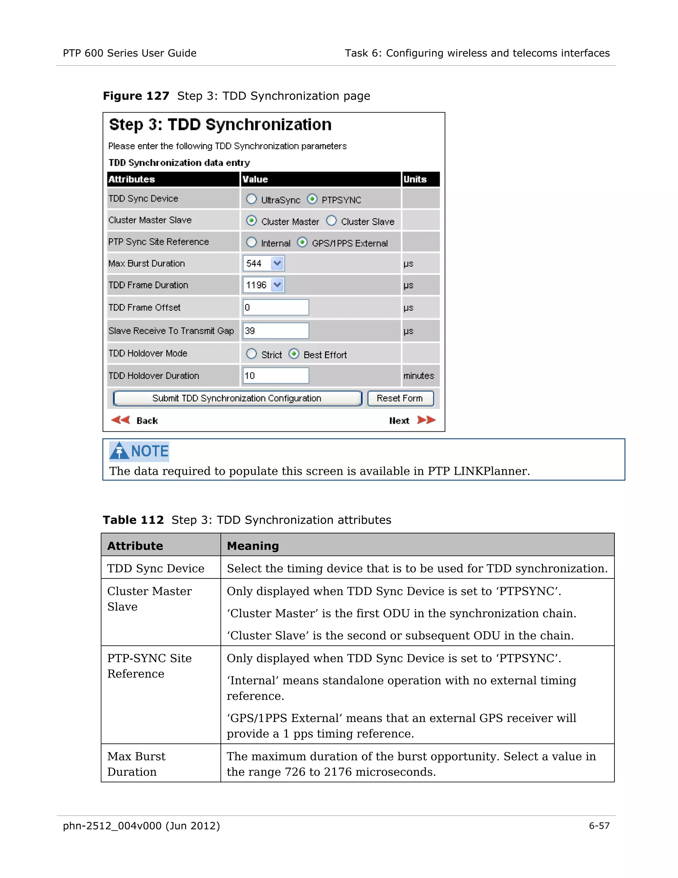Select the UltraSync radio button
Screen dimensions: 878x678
tap(252, 199)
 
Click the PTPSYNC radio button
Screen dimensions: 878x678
tap(312, 199)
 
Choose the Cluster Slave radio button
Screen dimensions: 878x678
tap(331, 221)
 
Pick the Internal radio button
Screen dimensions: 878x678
tap(252, 243)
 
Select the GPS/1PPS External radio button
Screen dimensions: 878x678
tap(302, 243)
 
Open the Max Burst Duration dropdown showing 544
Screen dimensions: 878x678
tap(277, 263)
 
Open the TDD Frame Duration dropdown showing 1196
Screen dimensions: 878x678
tap(277, 285)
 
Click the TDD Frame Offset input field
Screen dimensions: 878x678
tap(275, 307)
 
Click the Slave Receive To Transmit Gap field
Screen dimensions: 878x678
tap(275, 331)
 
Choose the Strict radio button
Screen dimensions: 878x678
tap(252, 354)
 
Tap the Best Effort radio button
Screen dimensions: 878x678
tap(294, 354)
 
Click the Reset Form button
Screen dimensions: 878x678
tap(400, 398)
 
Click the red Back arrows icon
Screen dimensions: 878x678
tap(121, 420)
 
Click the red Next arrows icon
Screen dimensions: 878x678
tap(426, 420)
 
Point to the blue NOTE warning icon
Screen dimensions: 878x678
tap(119, 451)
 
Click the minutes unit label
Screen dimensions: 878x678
tap(418, 376)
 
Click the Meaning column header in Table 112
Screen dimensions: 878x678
tap(253, 546)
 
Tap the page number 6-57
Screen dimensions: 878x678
tap(599, 825)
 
